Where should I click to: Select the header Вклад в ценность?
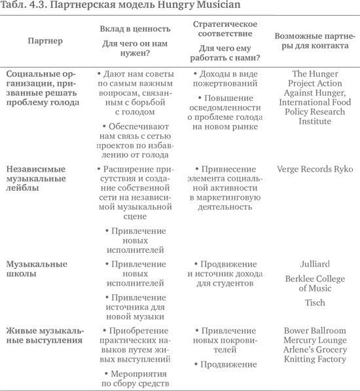coord(126,29)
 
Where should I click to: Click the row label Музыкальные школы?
coord(37,269)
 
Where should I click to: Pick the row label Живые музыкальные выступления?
coord(45,335)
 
